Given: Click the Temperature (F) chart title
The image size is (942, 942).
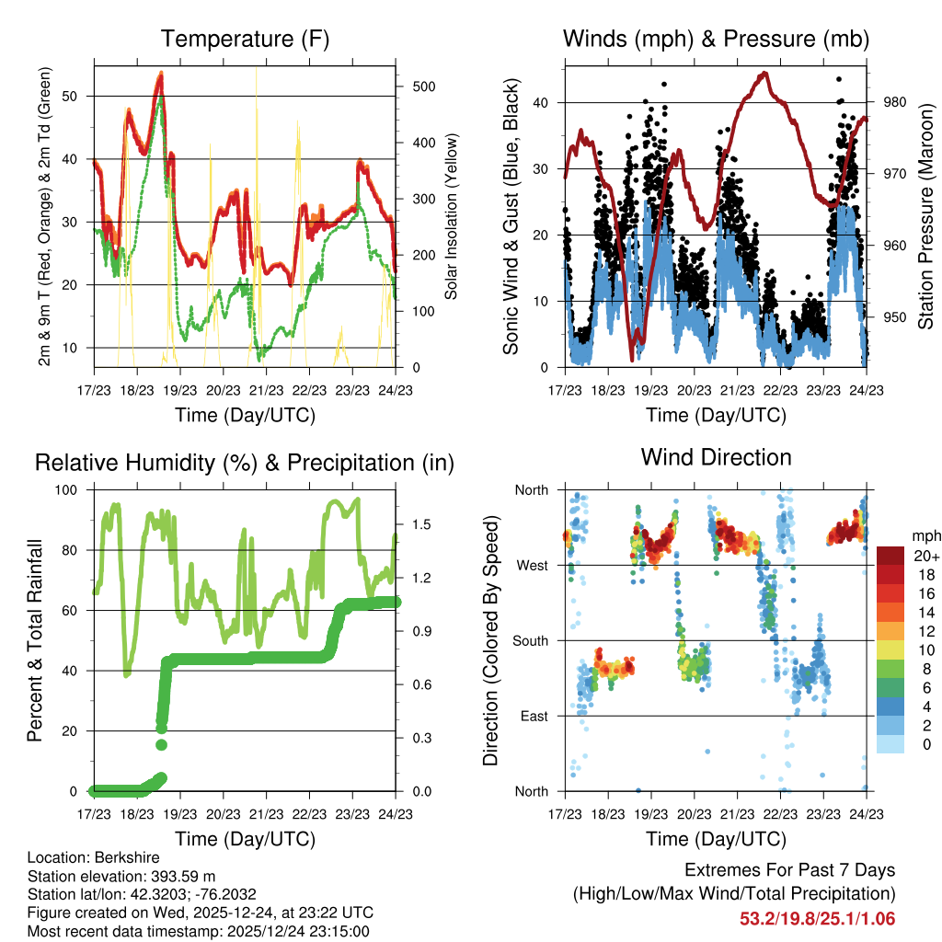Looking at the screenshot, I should click(245, 40).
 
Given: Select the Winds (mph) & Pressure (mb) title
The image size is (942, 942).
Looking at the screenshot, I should click(716, 40).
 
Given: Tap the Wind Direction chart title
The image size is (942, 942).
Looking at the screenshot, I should click(716, 456).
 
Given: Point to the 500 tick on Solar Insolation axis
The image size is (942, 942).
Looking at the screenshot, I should click(413, 86).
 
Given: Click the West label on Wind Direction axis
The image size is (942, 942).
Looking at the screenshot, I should click(531, 565).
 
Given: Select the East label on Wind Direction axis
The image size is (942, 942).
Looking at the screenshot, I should click(532, 716).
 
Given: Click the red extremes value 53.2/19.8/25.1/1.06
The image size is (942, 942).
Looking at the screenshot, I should click(817, 918).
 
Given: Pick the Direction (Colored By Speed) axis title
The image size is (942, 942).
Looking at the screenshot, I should click(491, 640).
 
